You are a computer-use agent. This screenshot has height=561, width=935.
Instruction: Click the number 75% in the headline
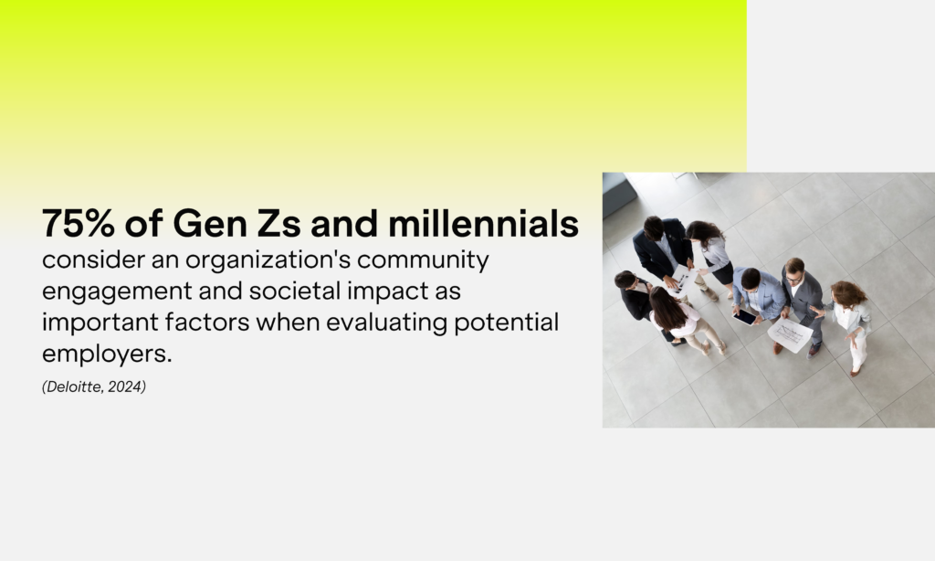[79, 223]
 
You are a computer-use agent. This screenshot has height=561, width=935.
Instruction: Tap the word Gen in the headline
[209, 223]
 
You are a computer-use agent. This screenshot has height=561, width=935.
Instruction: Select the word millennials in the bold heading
[483, 223]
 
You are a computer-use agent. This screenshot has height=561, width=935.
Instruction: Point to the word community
[423, 260]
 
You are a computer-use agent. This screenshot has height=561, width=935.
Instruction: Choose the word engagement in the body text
[117, 292]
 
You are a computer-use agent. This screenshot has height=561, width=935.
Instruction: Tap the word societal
[295, 291]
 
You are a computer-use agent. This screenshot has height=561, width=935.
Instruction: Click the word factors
[207, 322]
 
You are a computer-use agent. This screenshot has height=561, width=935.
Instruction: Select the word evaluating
[386, 323]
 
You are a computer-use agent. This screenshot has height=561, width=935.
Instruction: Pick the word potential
[506, 323]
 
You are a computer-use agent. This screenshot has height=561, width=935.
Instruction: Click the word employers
[107, 355]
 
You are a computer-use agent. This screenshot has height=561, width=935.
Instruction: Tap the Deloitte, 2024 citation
[94, 386]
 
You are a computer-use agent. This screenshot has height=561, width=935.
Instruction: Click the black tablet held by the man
[744, 317]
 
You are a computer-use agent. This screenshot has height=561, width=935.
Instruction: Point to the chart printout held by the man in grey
[790, 334]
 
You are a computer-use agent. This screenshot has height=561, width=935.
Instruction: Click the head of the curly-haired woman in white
[846, 292]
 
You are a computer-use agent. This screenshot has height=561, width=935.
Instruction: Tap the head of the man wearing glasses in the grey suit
[794, 270]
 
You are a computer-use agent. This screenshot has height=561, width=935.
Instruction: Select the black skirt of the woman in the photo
[722, 273]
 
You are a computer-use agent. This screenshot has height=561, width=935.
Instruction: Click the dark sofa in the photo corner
[619, 195]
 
